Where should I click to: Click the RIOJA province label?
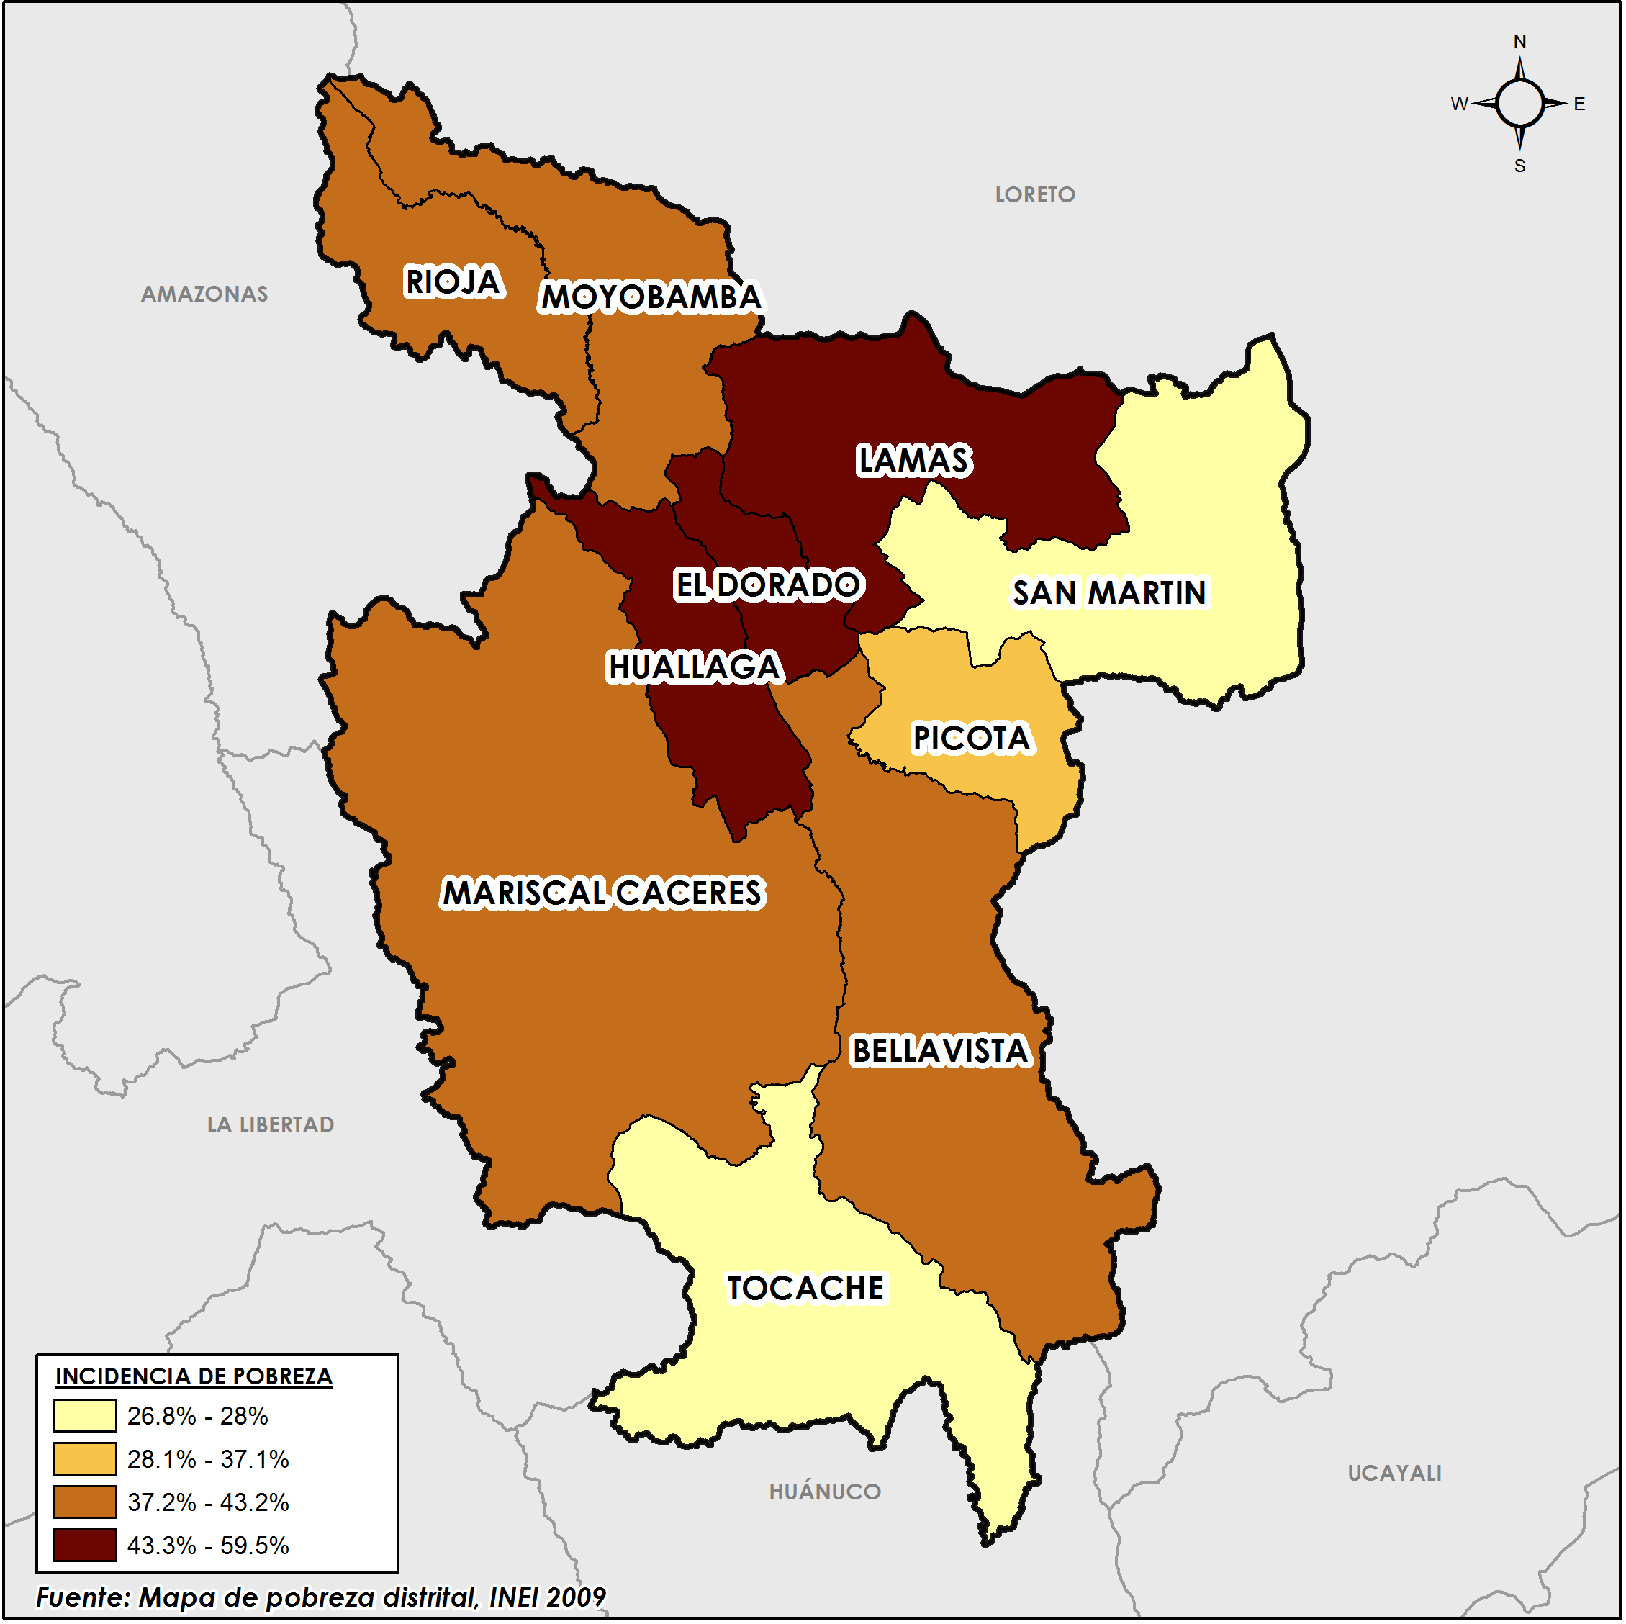(453, 283)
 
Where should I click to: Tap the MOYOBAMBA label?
(651, 298)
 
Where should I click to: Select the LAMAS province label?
(914, 461)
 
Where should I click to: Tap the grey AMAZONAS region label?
(204, 294)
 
